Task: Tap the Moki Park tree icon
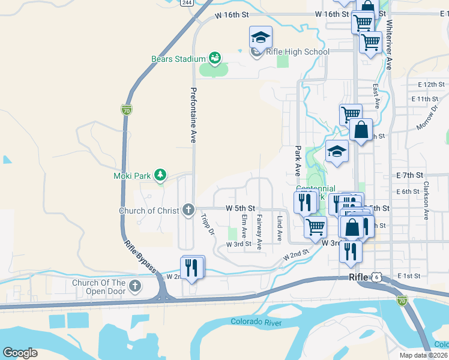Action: click(160, 175)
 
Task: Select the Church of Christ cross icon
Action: click(188, 210)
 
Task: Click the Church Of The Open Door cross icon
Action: click(135, 286)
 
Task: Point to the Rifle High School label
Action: click(298, 52)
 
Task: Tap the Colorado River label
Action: click(256, 322)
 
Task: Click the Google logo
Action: click(20, 353)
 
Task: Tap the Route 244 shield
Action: click(186, 3)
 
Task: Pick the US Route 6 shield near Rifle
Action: click(376, 277)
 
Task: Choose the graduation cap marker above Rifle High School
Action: click(261, 37)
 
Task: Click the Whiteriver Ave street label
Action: click(389, 45)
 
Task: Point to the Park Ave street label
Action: click(297, 160)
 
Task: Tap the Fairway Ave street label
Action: click(259, 232)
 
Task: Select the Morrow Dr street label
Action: click(427, 118)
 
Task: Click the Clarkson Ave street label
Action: click(426, 202)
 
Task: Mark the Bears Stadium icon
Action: click(214, 58)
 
